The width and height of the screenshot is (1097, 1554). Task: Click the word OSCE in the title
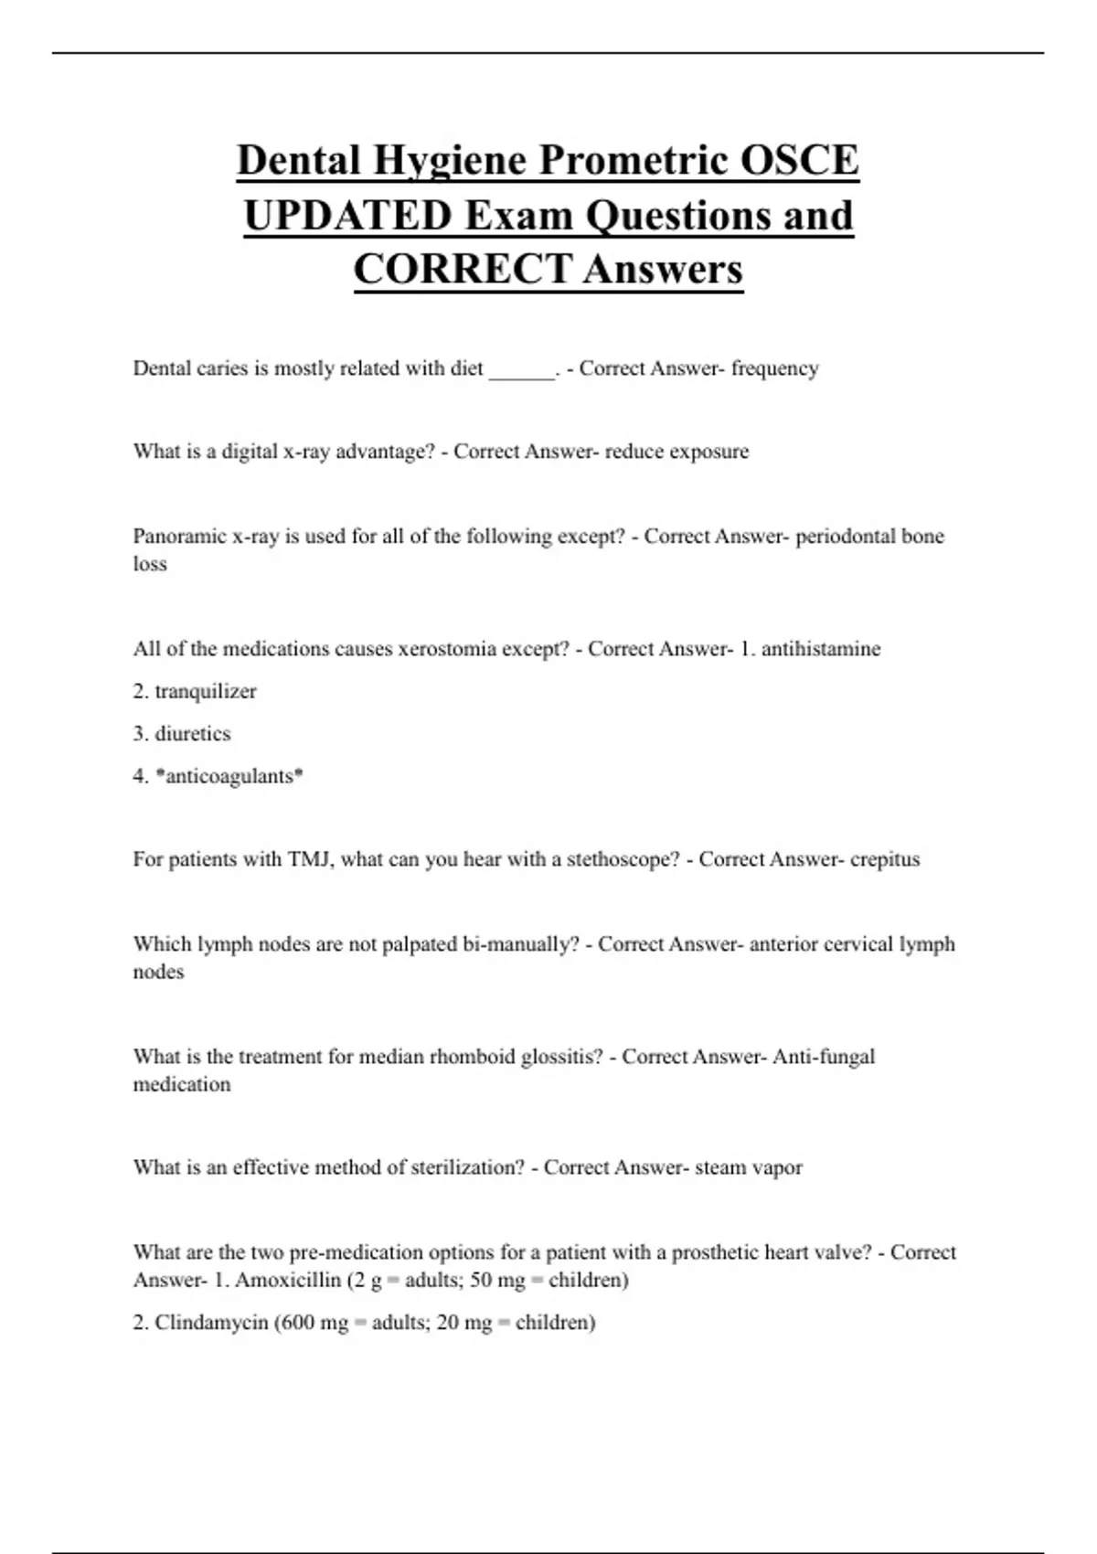tap(799, 160)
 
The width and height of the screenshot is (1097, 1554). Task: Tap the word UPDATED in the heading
tap(347, 216)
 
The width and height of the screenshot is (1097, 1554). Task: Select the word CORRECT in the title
tap(463, 269)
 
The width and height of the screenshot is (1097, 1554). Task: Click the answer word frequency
tap(774, 368)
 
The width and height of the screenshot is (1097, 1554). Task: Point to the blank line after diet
tap(522, 370)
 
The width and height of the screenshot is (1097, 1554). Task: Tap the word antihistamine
tap(821, 649)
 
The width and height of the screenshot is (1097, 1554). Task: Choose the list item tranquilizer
tap(206, 691)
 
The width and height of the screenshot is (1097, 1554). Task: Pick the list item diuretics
tap(193, 733)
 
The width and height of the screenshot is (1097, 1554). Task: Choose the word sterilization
tap(467, 1167)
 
